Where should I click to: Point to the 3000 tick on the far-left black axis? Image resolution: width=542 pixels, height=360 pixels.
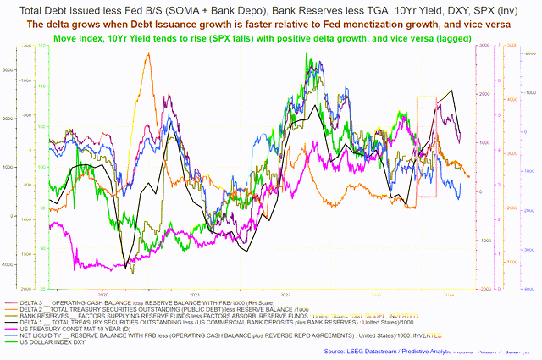[6, 69]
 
